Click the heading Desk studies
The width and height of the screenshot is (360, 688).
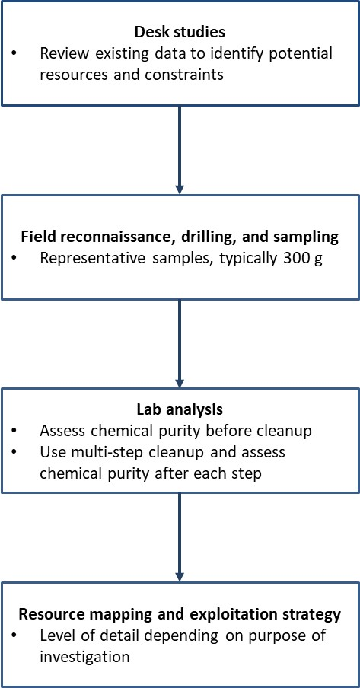point(180,34)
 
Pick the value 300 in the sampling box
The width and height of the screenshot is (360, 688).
point(305,257)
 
